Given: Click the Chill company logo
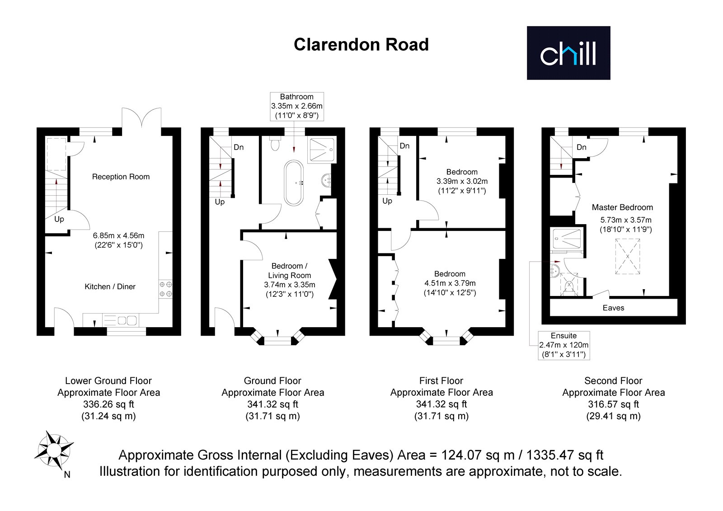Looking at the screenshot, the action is point(568,53).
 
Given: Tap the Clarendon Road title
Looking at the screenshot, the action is point(361,45).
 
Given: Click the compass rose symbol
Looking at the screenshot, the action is point(54,450).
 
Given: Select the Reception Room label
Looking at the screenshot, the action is point(121,177).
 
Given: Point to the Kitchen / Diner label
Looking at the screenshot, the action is point(110,286).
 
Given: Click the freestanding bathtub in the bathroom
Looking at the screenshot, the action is point(294,183).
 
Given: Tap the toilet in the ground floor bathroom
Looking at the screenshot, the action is point(275,143).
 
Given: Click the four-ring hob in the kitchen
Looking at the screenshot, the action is point(165,289).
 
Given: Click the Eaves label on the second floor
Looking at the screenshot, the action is point(613,308).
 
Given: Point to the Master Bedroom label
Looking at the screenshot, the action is point(622,207).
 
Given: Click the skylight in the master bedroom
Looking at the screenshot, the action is point(628,256).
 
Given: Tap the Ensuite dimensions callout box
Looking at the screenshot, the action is point(563,345).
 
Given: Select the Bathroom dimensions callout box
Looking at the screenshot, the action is point(296,106).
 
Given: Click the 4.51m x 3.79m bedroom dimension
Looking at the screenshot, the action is point(450,283).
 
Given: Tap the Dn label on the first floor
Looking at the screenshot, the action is point(404,146).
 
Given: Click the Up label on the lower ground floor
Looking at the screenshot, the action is point(59,219).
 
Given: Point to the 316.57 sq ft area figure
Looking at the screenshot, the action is point(613,404).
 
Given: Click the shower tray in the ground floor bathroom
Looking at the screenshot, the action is point(322,150).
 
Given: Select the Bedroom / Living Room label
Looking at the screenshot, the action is point(290,271).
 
